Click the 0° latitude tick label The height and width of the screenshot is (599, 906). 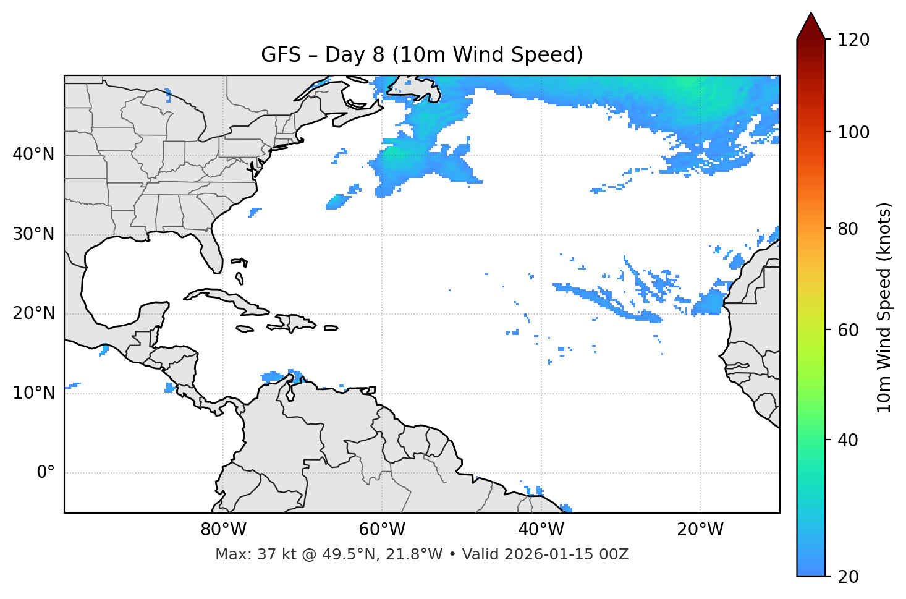pyautogui.click(x=46, y=473)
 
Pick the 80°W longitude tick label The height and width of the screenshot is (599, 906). pyautogui.click(x=223, y=530)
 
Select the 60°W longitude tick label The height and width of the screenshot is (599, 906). pyautogui.click(x=382, y=530)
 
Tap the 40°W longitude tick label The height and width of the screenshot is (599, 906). pyautogui.click(x=541, y=530)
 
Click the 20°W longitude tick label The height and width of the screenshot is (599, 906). pyautogui.click(x=700, y=530)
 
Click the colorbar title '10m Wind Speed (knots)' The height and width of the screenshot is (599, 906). pyautogui.click(x=884, y=307)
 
